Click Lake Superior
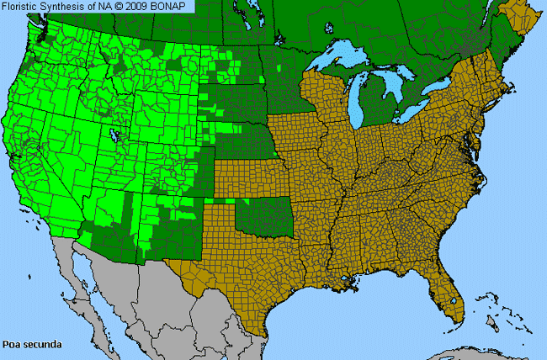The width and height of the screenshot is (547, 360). coord(341,62)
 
